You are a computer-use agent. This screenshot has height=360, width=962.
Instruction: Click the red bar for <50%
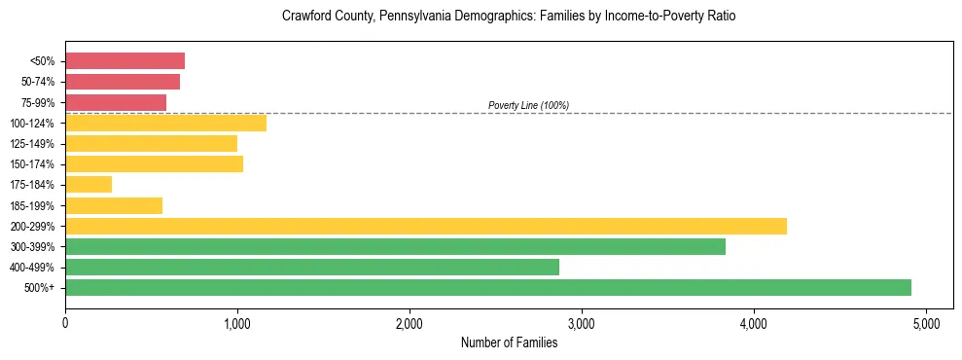click(x=125, y=61)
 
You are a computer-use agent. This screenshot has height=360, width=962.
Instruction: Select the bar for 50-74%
click(x=123, y=82)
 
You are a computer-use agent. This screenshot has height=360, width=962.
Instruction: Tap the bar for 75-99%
click(x=116, y=102)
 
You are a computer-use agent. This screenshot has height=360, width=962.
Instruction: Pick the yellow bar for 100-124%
click(x=165, y=123)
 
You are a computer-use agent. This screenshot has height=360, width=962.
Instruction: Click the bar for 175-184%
click(x=89, y=184)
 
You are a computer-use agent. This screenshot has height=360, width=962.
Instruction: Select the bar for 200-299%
click(x=425, y=226)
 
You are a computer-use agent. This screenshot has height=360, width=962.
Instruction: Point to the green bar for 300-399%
click(x=395, y=246)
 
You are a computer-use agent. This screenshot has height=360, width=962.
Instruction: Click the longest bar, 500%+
click(x=487, y=287)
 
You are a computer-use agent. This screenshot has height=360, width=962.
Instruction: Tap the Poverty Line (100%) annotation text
click(x=528, y=105)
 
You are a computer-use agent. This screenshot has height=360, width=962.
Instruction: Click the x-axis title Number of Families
click(x=509, y=342)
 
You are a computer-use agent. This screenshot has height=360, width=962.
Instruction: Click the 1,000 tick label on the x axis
click(x=237, y=322)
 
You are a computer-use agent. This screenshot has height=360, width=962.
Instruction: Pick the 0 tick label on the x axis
click(x=65, y=322)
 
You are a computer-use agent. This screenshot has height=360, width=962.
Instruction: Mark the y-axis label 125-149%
click(x=32, y=144)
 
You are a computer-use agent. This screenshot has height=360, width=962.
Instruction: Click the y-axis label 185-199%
click(x=32, y=205)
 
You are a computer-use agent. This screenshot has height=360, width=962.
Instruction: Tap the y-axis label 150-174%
click(x=32, y=164)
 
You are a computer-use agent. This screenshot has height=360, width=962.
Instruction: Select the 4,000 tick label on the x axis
click(x=753, y=322)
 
